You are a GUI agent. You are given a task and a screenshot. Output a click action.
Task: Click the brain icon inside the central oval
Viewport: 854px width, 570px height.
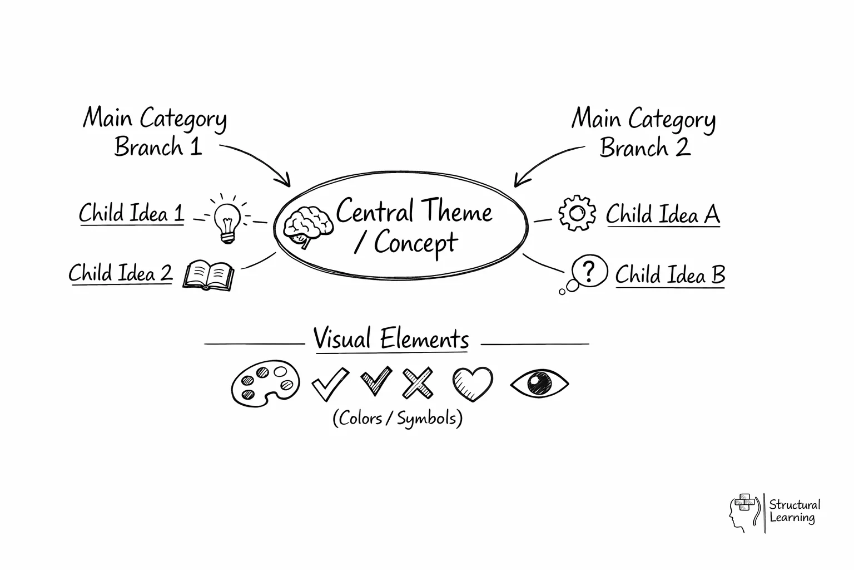pos(308,227)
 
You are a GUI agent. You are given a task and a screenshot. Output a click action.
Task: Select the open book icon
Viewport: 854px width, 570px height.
pos(208,275)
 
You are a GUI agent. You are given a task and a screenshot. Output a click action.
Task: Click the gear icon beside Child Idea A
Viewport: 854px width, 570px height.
pos(577,213)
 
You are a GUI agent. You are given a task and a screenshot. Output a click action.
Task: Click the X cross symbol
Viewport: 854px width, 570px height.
pos(418,383)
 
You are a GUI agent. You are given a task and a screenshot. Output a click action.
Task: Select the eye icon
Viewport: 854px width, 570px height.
pos(539,383)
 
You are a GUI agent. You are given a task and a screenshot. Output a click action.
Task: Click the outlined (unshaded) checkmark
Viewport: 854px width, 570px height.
pos(329,384)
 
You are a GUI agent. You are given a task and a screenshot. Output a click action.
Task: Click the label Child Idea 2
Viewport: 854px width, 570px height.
pos(121,273)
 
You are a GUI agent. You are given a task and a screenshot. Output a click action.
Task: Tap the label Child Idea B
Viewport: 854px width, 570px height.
pos(670,275)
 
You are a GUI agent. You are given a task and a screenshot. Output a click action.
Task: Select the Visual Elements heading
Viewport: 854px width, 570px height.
pos(391,339)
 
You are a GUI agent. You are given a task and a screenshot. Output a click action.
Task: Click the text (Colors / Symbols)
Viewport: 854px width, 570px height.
pos(398,418)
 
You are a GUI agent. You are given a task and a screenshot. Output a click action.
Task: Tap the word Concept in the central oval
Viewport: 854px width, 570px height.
pos(415,243)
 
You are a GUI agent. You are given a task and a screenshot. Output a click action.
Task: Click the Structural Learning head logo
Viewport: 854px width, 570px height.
pos(743,512)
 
